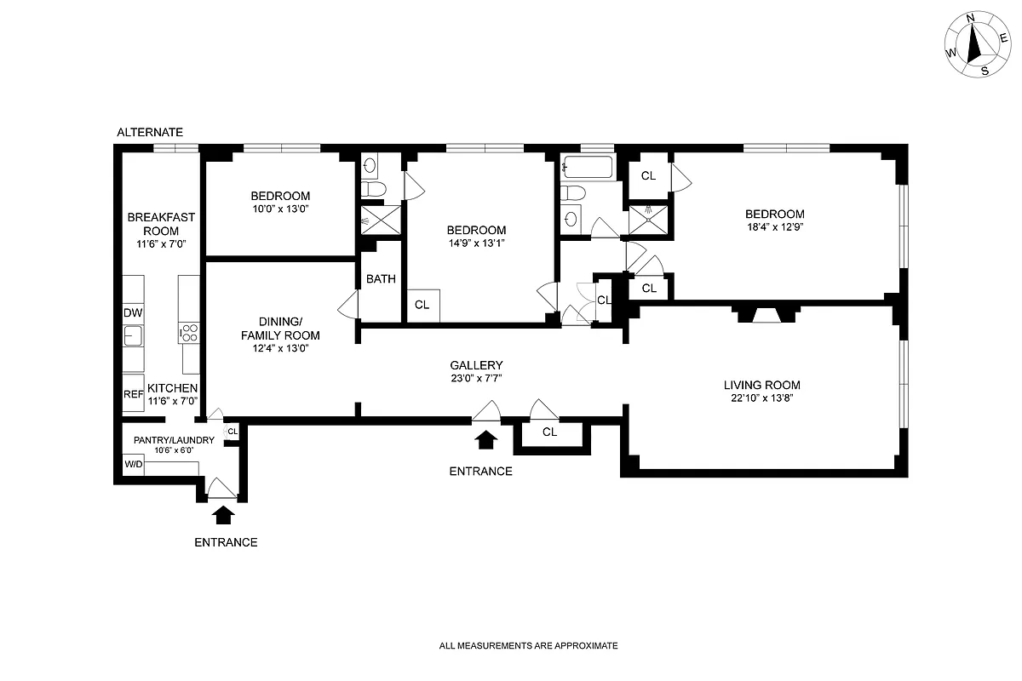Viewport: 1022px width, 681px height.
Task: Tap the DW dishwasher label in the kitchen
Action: [132, 313]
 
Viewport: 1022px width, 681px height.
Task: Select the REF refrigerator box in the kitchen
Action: [133, 394]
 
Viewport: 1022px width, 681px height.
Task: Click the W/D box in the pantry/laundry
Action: [134, 465]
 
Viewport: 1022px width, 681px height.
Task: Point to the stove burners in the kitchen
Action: [189, 334]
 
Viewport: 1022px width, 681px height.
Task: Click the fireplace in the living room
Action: [768, 316]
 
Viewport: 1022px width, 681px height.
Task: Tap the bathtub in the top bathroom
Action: [587, 168]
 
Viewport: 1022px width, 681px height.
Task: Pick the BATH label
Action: [381, 279]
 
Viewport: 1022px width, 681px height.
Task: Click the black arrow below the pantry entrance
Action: [223, 513]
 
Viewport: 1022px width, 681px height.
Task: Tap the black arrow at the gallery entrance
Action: [486, 439]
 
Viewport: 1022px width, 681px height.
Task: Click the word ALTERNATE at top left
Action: [150, 132]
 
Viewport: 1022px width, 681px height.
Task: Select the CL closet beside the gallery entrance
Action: [550, 432]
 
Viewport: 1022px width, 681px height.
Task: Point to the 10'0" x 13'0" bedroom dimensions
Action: [279, 209]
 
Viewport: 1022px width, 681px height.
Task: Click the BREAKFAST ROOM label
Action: [161, 224]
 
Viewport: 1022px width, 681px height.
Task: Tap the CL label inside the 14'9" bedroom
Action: [422, 305]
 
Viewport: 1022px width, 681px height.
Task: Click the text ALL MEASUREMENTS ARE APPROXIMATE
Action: [528, 646]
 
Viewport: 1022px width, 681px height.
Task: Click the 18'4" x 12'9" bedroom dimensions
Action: [774, 226]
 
